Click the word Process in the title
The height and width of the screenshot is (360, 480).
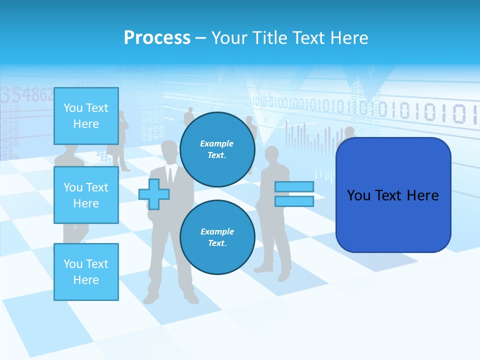coord(157,37)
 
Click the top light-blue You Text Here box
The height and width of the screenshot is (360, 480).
coord(86,116)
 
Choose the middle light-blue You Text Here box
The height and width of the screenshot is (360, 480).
coord(86,195)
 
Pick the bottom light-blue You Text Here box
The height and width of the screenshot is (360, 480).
coord(86,271)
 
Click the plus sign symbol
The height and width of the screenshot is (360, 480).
coord(153,194)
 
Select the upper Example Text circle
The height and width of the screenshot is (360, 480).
coord(217,149)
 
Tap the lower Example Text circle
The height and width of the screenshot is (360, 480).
coord(217,237)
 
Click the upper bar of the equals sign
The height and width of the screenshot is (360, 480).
coord(294,186)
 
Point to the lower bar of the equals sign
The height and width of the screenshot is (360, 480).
coord(294,201)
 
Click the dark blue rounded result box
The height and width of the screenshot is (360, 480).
coord(393,195)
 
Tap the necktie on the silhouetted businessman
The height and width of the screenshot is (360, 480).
coord(170,175)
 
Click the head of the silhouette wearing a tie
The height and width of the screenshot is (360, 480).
coord(169,150)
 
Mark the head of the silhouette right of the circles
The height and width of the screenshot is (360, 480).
coord(272,155)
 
